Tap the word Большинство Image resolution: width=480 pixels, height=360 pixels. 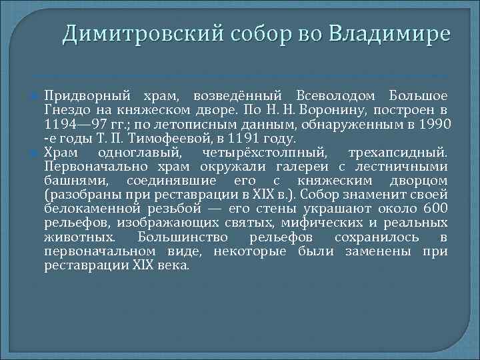178,238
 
